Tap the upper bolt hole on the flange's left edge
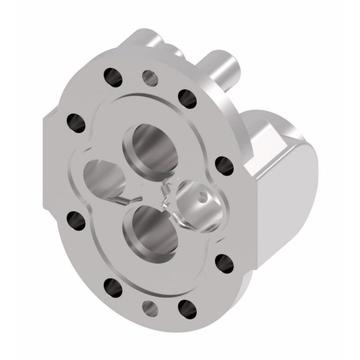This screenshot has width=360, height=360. coord(76,122)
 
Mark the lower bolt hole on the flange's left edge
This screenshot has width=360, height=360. coord(76,220)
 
